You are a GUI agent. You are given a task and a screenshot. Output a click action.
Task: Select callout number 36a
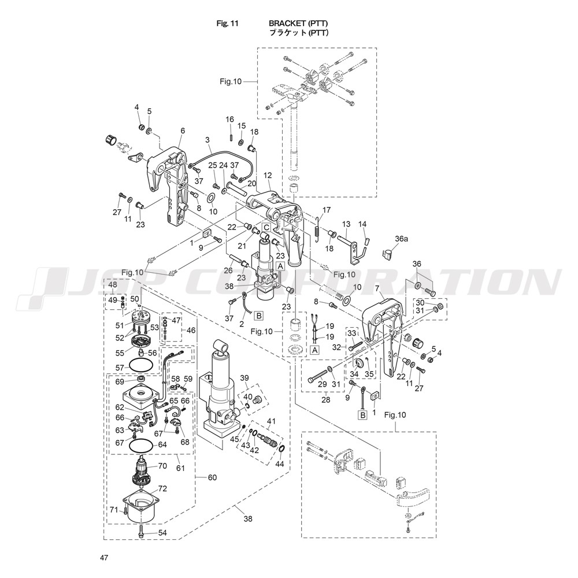[x=402, y=238]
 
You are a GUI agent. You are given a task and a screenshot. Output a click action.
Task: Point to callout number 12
[x=267, y=175]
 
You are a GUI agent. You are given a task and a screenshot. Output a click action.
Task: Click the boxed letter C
[x=265, y=227]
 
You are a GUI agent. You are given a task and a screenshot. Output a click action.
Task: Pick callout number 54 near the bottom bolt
[x=162, y=532]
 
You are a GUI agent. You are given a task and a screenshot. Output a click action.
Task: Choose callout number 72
[x=162, y=488]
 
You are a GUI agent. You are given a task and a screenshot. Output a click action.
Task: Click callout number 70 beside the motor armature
[x=162, y=465]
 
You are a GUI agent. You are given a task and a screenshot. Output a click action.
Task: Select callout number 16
[x=229, y=120]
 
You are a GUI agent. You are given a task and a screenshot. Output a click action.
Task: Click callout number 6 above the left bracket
[x=183, y=131]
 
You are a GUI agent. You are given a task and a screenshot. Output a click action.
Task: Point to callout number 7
[x=377, y=288]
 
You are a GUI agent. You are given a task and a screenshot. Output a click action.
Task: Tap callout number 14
[x=362, y=224]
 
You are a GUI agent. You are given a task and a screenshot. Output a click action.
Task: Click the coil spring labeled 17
[x=318, y=229]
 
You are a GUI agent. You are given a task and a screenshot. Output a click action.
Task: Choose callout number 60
[x=212, y=477]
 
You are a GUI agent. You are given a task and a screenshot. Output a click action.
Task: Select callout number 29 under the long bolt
[x=323, y=384]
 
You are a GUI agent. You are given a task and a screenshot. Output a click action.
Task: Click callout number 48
[x=112, y=285]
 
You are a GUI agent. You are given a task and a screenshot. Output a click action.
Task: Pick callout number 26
[x=227, y=270]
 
